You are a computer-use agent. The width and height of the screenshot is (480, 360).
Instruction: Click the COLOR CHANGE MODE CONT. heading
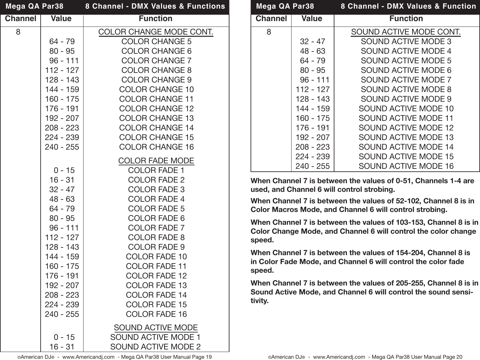click(156, 32)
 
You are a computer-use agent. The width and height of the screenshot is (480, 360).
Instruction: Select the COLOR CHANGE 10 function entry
click(156, 90)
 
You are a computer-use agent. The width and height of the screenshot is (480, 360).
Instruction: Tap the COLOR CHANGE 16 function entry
click(156, 147)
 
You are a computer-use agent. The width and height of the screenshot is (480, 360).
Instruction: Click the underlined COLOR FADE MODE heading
click(156, 161)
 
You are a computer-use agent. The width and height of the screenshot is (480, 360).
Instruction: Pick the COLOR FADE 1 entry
click(156, 170)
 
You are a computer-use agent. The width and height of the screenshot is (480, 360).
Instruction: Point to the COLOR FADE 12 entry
click(156, 276)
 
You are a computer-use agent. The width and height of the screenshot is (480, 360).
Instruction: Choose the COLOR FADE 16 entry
click(156, 314)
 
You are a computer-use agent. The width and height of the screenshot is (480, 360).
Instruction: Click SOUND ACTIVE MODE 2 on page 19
click(156, 347)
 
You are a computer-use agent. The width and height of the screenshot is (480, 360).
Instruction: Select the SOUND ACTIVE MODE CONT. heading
click(406, 32)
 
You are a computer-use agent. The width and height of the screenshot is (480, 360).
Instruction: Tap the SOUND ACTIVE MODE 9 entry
click(406, 99)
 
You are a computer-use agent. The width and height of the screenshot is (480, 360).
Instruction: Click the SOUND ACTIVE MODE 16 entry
click(406, 166)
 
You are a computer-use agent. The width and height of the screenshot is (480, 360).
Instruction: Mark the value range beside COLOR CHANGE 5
click(62, 42)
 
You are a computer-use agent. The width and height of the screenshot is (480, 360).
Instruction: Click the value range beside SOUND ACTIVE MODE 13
click(312, 137)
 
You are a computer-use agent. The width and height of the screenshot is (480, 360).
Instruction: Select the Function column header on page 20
click(406, 19)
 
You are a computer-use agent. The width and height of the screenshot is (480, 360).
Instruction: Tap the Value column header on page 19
click(61, 19)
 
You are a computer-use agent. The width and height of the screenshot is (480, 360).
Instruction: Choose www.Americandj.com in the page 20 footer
click(339, 357)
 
